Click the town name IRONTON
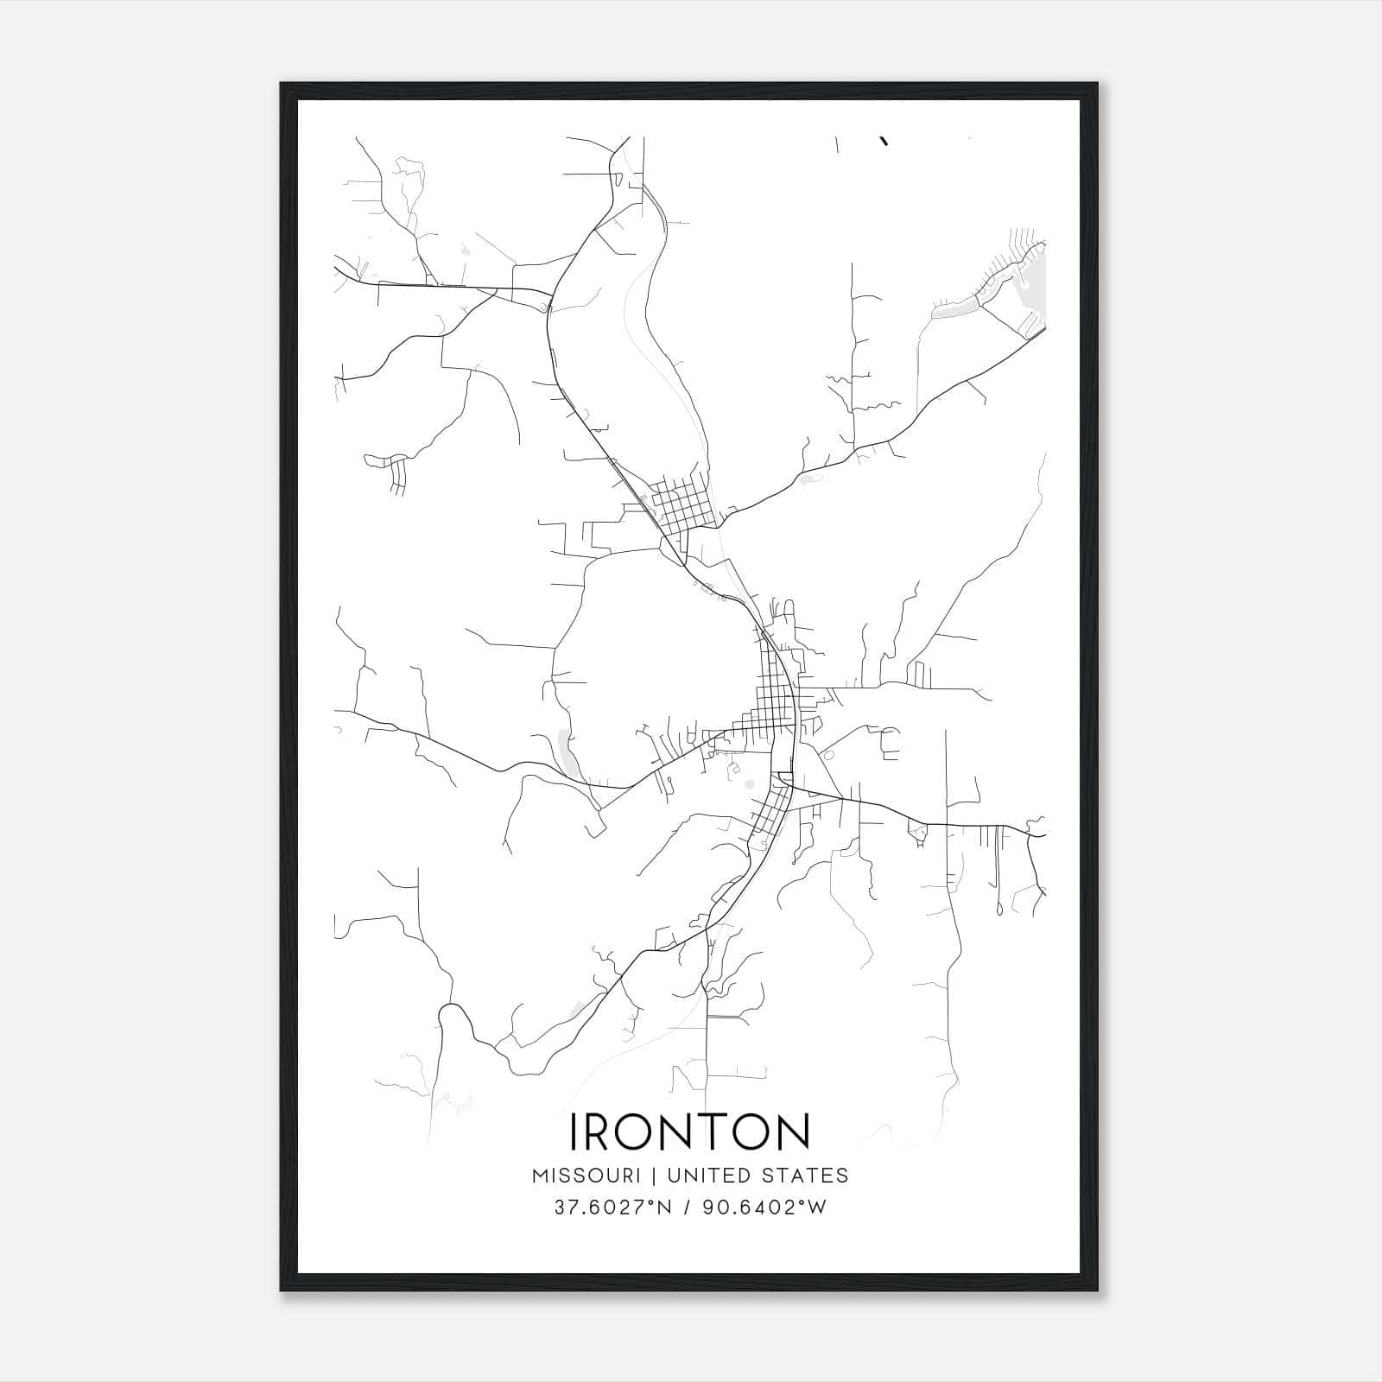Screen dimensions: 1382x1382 (689, 1132)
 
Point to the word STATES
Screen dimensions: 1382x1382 (806, 1176)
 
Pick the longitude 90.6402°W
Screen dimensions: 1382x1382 (764, 1208)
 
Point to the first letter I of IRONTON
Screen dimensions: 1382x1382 (574, 1132)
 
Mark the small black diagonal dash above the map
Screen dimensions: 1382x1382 (884, 141)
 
